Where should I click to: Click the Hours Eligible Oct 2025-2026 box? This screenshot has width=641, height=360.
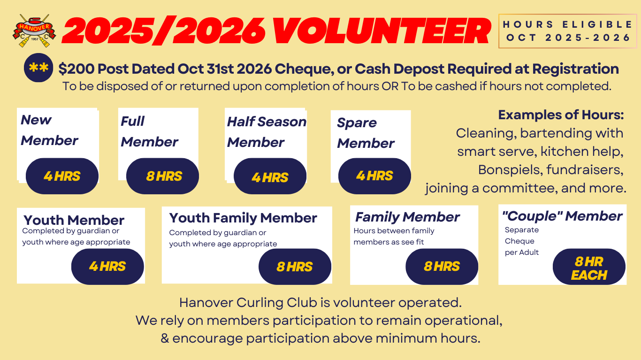coord(567,31)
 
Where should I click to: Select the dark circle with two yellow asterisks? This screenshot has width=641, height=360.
coord(38,68)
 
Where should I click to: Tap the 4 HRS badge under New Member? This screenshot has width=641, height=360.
coord(62,176)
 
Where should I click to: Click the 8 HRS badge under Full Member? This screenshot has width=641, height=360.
coord(163,176)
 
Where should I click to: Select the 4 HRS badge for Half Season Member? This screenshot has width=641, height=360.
coord(270,177)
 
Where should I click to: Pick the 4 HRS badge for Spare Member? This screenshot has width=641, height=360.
coord(374,176)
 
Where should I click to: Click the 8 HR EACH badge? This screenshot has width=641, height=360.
coord(589,268)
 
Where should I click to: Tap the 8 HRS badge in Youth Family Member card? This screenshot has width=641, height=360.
coord(295,267)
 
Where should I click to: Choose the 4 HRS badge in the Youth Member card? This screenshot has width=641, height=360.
coord(107,267)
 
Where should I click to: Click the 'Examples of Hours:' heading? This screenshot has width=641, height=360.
coord(561,115)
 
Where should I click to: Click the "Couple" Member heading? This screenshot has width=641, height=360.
coord(562,216)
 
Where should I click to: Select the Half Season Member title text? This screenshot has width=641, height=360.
coord(266,132)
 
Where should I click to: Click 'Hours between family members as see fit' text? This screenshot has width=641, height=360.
coord(394,237)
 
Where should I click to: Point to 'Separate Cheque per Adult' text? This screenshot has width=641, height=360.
coord(521,241)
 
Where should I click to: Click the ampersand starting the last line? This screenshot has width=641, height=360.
coord(165,338)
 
